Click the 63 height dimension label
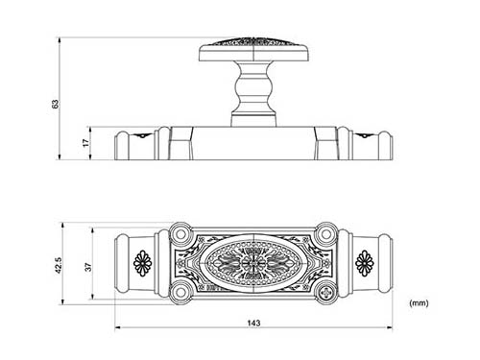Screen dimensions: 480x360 click(56, 104)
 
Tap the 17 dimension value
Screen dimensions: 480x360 click(86, 143)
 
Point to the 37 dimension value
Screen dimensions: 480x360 click(88, 267)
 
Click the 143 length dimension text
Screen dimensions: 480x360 click(253, 323)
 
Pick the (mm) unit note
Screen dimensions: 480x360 click(419, 303)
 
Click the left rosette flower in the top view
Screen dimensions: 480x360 click(142, 263)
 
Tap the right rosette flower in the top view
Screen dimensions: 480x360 click(364, 263)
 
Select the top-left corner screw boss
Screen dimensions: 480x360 click(180, 234)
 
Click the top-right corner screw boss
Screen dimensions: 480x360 click(326, 234)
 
